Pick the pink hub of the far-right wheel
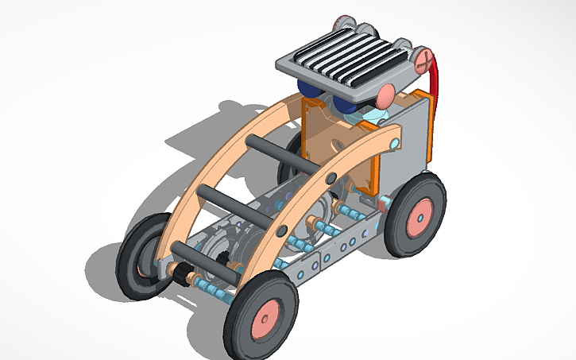[419, 213]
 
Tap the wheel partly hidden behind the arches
[290, 159]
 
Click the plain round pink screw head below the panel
[385, 95]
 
